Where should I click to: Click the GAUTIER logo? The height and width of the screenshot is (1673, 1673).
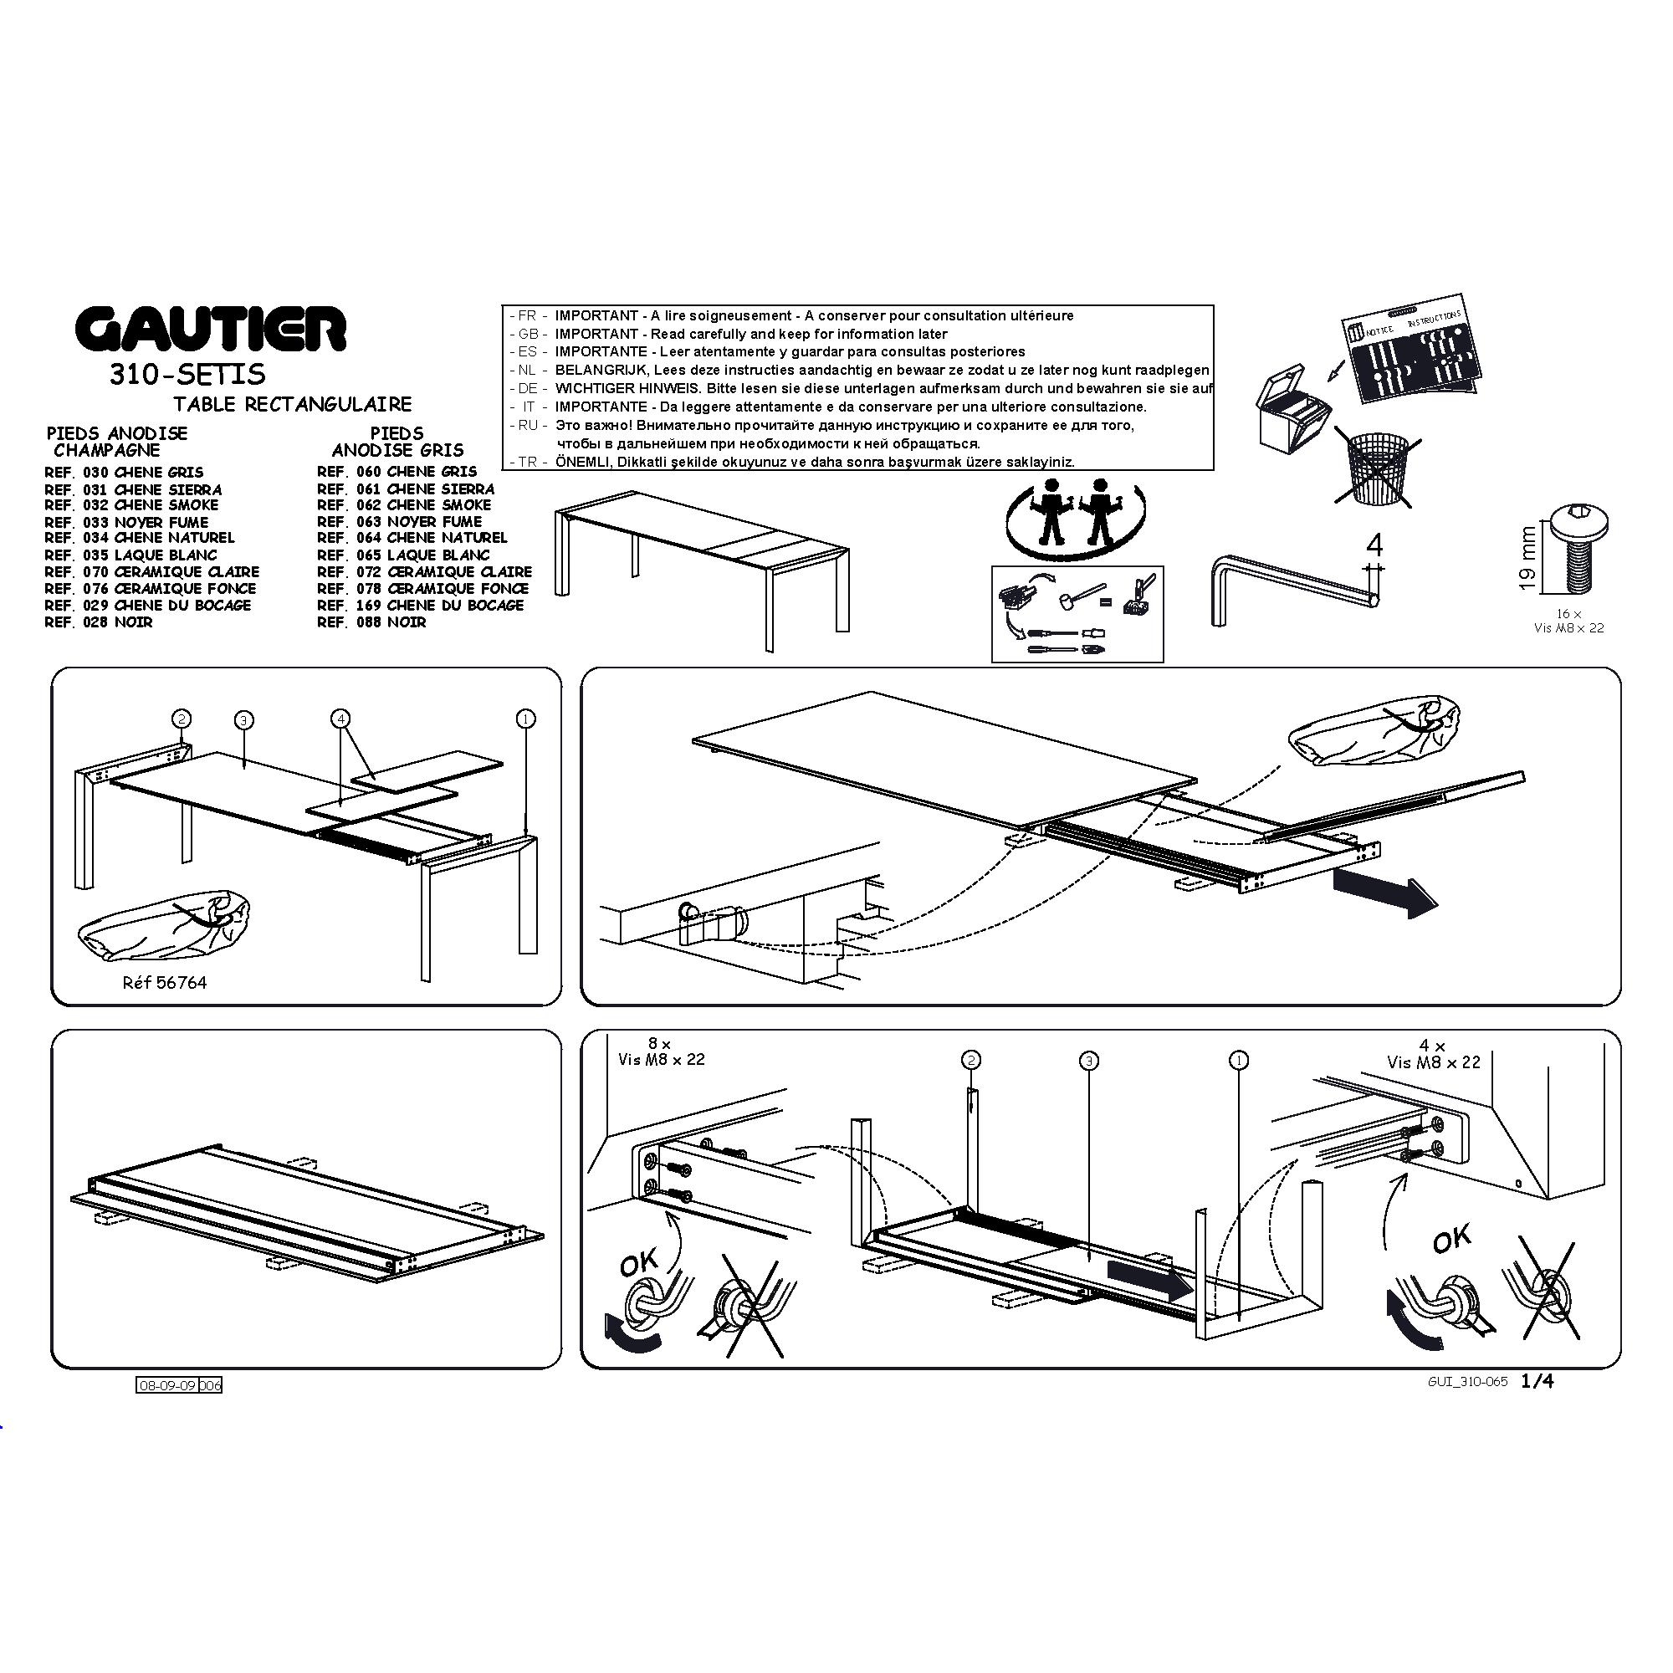pos(211,329)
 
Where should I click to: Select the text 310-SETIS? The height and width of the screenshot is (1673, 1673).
pos(187,374)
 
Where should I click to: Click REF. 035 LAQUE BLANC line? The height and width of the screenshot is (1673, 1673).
pos(130,555)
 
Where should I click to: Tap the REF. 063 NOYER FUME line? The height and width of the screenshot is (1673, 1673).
pos(399,521)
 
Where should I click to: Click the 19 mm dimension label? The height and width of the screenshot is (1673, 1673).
pos(1528,558)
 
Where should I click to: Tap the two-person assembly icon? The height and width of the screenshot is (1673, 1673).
pos(1077,519)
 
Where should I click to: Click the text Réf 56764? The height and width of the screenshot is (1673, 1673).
pos(165,983)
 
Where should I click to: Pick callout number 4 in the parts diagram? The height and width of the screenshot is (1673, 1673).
pos(340,719)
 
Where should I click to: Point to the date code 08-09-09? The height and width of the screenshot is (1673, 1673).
pos(168,1384)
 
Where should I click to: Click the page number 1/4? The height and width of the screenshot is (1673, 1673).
pos(1537,1381)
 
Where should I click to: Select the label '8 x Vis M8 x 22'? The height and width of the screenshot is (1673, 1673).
pos(662,1052)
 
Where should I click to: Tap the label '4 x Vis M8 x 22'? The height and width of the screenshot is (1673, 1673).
pos(1433,1055)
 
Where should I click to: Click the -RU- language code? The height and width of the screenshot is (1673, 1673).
pos(528,425)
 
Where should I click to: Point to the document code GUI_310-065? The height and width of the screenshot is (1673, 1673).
pos(1468,1382)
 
